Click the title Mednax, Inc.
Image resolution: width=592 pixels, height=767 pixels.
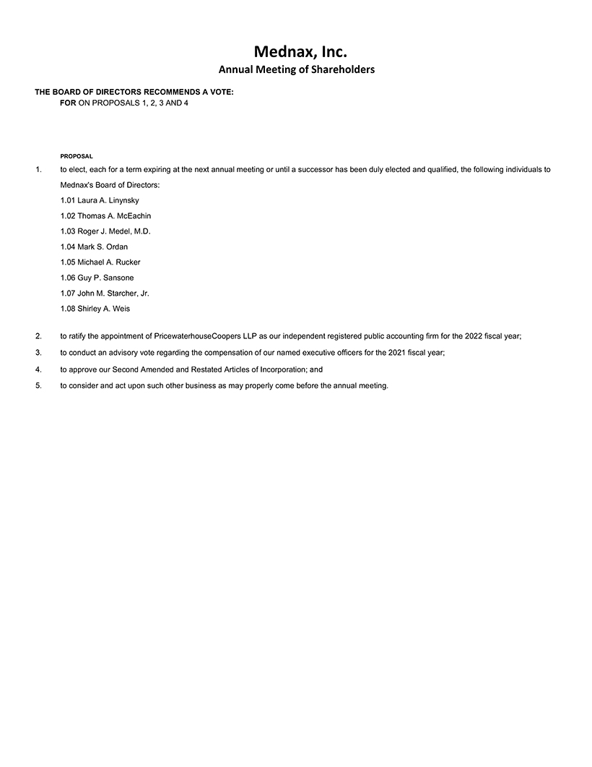pos(296,51)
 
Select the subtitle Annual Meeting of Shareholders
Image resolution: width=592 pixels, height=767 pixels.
pos(296,70)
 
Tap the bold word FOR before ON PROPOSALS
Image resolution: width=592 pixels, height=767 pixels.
pos(68,103)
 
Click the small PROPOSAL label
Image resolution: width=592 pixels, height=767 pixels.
pos(76,156)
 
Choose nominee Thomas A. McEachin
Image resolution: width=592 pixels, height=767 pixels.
pos(105,215)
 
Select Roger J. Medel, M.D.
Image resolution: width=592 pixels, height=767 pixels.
pos(105,231)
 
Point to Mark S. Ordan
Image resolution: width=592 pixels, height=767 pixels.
pos(94,247)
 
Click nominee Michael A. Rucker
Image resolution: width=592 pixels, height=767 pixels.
pos(100,262)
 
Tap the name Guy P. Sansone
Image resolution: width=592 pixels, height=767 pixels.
pos(97,278)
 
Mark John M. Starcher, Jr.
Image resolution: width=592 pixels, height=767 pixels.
pos(105,293)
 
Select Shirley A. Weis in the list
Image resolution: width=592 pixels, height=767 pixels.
pos(95,309)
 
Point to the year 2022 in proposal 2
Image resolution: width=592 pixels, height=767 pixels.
pos(461,336)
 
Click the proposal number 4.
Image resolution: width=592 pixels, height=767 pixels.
pos(38,369)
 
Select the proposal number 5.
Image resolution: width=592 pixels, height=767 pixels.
pos(38,385)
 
